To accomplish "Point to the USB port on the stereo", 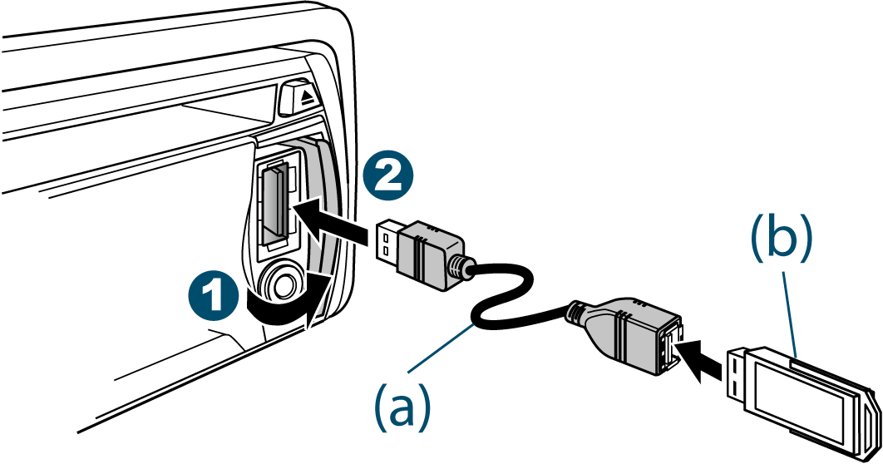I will (274, 204).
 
